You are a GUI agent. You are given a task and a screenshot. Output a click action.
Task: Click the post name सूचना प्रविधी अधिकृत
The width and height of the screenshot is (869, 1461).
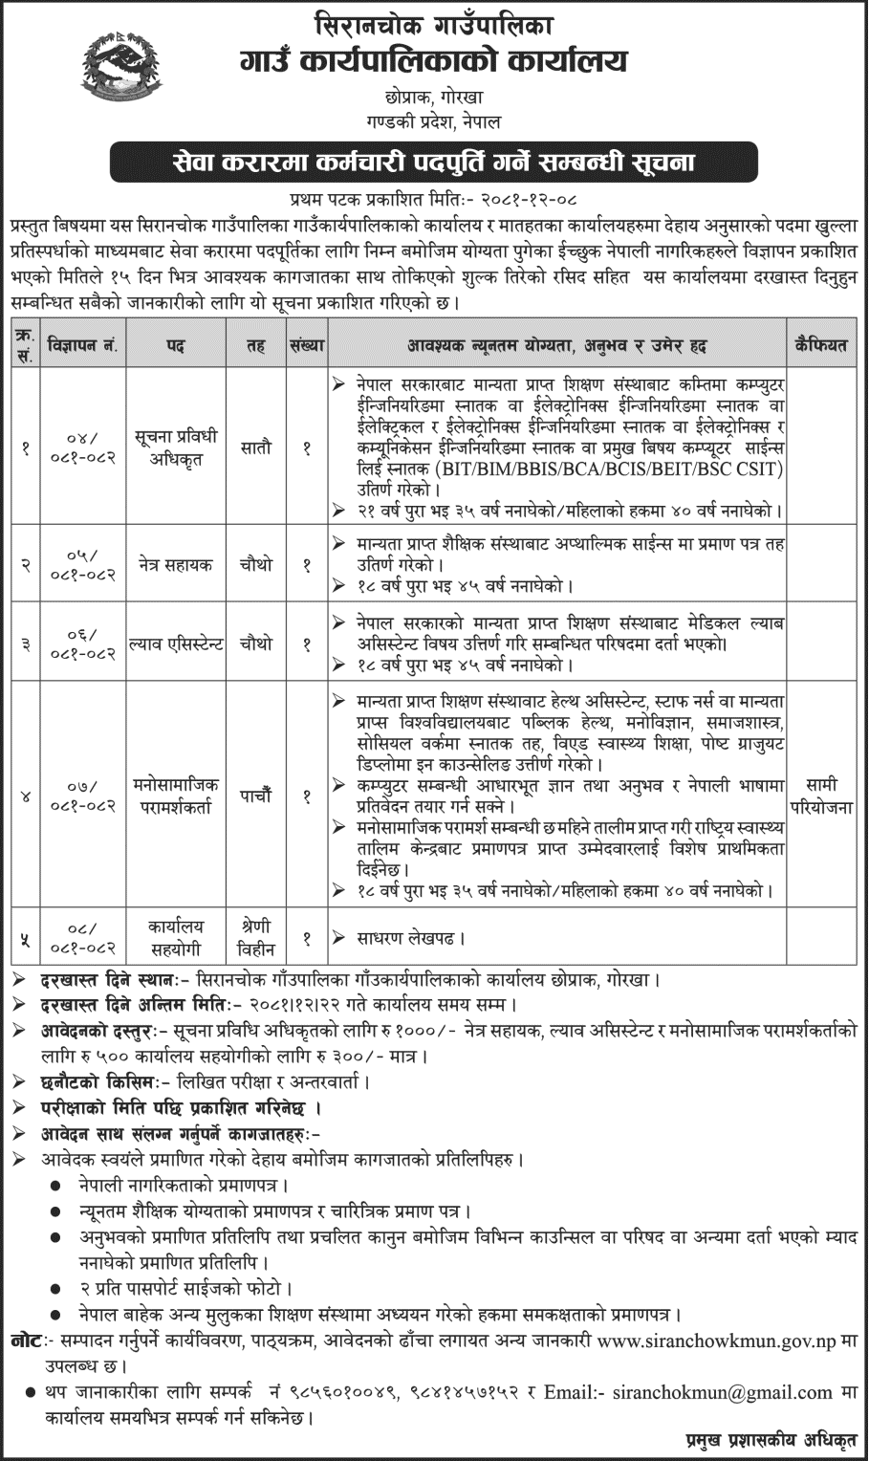(x=177, y=447)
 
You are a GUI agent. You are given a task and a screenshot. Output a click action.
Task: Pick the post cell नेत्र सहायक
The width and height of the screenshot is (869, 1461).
(x=177, y=564)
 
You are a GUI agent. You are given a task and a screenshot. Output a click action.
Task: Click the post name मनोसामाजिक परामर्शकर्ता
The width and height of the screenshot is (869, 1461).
(x=177, y=795)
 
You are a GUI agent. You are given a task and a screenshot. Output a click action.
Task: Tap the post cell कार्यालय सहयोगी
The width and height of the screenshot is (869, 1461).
(x=177, y=938)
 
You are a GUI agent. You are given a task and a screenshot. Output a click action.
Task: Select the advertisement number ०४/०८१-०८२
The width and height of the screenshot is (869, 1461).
(x=83, y=447)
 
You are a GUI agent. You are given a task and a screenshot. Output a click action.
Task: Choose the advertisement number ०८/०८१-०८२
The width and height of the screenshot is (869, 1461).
(x=83, y=938)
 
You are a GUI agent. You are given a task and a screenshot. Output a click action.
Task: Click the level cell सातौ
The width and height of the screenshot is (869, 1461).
(x=255, y=447)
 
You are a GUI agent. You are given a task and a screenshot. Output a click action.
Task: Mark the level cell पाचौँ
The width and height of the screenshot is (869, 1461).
(x=255, y=795)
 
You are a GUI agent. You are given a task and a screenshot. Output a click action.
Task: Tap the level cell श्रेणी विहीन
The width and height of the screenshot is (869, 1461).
(x=255, y=938)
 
